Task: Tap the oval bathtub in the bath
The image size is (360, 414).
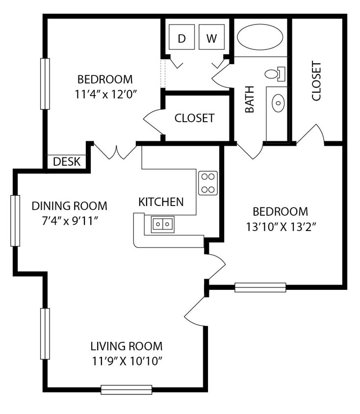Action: click(260, 37)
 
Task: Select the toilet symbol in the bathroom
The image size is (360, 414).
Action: click(273, 74)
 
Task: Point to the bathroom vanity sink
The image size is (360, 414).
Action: click(278, 103)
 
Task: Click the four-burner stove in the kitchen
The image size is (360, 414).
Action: click(208, 183)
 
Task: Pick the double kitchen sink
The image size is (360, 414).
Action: click(163, 224)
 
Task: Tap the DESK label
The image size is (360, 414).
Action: click(67, 162)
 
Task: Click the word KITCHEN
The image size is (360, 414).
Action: click(161, 202)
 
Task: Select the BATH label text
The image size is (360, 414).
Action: click(250, 100)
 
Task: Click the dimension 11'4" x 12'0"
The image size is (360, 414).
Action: click(105, 94)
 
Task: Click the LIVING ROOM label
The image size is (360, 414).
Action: click(127, 346)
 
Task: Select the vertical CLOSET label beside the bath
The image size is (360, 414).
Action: click(316, 81)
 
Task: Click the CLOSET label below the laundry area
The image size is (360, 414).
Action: click(195, 118)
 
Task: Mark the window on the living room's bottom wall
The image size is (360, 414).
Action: click(127, 389)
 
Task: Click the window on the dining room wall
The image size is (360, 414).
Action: click(16, 221)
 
